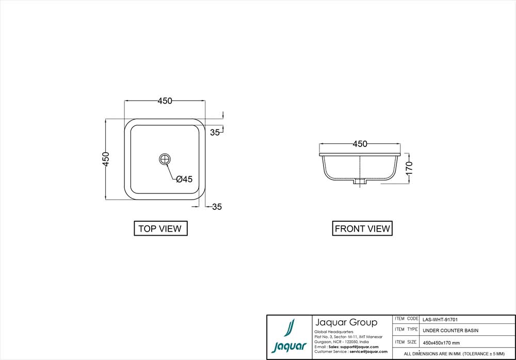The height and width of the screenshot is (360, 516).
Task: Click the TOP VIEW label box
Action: [x=160, y=228]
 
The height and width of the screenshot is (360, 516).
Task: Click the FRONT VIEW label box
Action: [x=362, y=228]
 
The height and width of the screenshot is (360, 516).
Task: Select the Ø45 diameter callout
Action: [x=184, y=179]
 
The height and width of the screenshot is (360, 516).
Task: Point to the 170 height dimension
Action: [x=409, y=168]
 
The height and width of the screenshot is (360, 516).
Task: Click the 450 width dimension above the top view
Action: [x=165, y=101]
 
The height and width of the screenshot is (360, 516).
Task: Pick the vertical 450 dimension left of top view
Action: [x=106, y=159]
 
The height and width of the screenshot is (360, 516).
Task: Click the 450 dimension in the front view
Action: [x=360, y=144]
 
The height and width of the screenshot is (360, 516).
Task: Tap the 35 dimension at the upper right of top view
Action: [x=215, y=133]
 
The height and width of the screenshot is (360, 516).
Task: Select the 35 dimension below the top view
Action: [x=217, y=207]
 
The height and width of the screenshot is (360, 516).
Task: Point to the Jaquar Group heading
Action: [x=346, y=322]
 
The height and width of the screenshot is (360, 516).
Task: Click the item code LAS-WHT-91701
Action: [x=440, y=319]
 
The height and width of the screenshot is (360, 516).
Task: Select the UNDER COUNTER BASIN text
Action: [x=450, y=331]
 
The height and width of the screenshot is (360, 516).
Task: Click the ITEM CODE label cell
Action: [x=406, y=319]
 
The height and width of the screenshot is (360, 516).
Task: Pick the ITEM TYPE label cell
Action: [x=406, y=330]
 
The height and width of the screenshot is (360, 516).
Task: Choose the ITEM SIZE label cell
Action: [x=406, y=341]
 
